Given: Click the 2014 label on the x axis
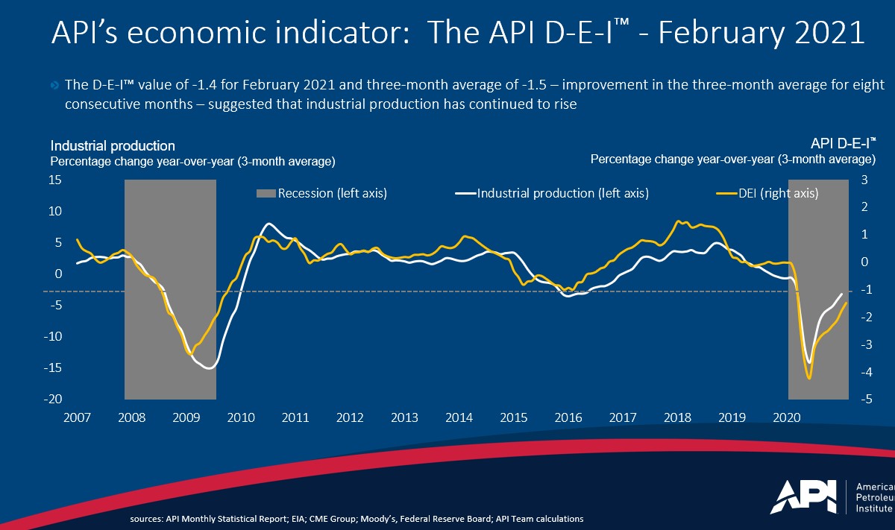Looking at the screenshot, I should click(x=458, y=417).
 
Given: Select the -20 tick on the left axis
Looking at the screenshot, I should click(x=53, y=400).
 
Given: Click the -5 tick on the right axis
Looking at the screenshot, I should click(x=866, y=400).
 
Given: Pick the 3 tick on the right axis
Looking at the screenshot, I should click(x=864, y=180).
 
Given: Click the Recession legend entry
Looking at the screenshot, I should click(x=321, y=194).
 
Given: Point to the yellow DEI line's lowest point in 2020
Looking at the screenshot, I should click(x=810, y=379).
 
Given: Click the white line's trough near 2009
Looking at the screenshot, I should click(x=210, y=367).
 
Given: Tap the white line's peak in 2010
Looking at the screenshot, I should click(x=269, y=224).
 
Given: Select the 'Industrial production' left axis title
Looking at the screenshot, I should click(x=113, y=146).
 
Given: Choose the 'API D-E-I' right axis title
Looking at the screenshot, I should click(x=843, y=144).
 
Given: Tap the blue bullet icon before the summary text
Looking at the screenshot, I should click(x=55, y=86).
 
